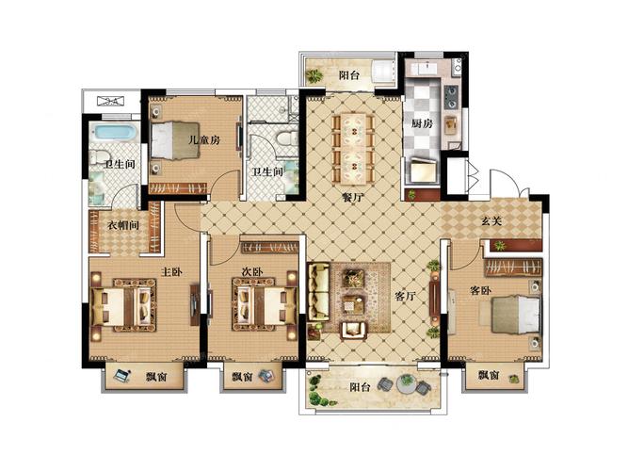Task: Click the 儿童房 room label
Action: point(204,140)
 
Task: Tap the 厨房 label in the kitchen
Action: point(422,123)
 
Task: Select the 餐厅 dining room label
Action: point(352,197)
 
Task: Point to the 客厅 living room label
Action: point(405,296)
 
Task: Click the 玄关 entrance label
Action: point(491,220)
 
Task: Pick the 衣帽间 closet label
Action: point(123,225)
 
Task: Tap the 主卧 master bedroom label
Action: point(171,272)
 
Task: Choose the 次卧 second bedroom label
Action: point(252,272)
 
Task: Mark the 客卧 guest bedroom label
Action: point(480,290)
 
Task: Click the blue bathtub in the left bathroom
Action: point(113,133)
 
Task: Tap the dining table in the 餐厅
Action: point(354,148)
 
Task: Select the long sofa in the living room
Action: point(318,292)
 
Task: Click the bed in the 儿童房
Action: point(175,140)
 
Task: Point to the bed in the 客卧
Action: point(516,315)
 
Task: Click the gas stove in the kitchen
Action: point(451,97)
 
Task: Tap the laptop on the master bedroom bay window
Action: point(121,375)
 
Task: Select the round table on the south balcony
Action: point(407,383)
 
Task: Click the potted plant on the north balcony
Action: point(314,75)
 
